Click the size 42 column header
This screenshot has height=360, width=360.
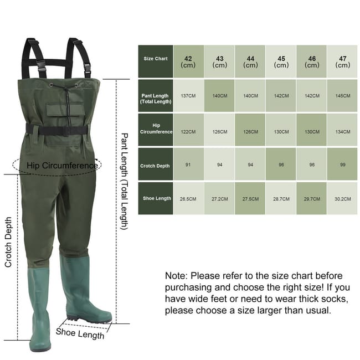coord(188,61)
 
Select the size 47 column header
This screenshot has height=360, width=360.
coord(342,61)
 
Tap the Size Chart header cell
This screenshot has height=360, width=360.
coord(156,61)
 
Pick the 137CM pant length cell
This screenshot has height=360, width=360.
coord(188,96)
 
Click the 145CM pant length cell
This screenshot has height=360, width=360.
coord(342,96)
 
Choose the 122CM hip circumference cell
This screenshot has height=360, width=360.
coord(188,132)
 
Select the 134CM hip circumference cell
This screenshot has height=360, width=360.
coord(342,132)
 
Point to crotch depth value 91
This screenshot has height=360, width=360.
coord(188,164)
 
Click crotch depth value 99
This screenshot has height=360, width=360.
coord(342,164)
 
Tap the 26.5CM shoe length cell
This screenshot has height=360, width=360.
coord(188,199)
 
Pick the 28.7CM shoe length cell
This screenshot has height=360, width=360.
coord(281,199)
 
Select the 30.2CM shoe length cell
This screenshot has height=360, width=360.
coord(342,199)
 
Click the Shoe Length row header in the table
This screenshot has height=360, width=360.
coord(156,198)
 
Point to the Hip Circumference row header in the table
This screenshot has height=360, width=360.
coord(156,128)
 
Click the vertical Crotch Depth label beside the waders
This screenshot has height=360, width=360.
coord(8,242)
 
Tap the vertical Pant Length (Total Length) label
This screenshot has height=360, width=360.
coord(124,181)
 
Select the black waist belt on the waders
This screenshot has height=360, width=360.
coord(56,130)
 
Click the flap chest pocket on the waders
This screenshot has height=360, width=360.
coord(65,110)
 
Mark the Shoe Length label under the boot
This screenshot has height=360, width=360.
coord(80,333)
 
